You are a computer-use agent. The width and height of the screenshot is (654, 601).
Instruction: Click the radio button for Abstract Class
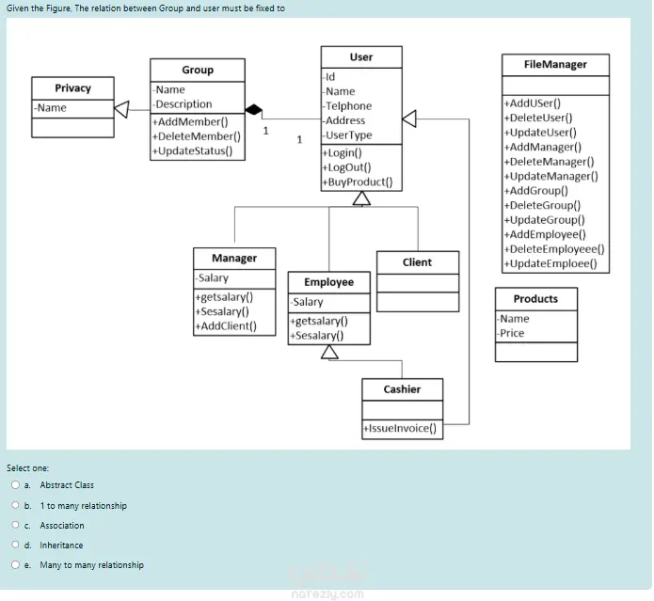[x=15, y=484]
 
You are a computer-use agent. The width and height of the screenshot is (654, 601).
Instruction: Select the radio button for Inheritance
[x=15, y=545]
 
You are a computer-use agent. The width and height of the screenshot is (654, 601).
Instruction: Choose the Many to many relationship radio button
[x=15, y=564]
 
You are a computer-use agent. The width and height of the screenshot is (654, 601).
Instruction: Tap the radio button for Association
[x=15, y=525]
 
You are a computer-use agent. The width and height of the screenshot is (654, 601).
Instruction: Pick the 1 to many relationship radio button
[x=15, y=505]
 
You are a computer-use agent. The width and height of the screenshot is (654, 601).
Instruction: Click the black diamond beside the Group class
[x=253, y=110]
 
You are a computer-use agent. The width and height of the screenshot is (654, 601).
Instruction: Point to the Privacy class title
[x=73, y=88]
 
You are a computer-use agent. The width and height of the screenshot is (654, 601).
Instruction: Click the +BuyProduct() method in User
[x=358, y=182]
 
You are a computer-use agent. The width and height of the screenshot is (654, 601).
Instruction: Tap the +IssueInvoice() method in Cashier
[x=400, y=428]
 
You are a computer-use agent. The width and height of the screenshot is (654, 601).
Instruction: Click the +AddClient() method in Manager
[x=226, y=326]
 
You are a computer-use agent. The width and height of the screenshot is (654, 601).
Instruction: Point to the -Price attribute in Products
[x=511, y=333]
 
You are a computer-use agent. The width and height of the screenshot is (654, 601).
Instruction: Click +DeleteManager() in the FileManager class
[x=549, y=162]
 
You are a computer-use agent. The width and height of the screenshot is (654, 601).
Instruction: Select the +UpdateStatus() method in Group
[x=192, y=150]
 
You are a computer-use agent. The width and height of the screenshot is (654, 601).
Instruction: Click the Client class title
[x=417, y=262]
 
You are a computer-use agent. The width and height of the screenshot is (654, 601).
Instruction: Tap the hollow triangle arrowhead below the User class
[x=361, y=198]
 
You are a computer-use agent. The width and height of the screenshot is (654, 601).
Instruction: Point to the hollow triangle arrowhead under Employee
[x=329, y=352]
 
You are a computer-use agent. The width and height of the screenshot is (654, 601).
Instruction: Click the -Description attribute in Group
[x=183, y=104]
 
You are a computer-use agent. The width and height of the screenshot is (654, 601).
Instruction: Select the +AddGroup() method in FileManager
[x=536, y=191]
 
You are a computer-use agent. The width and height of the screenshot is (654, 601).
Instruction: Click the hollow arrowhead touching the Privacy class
[x=121, y=109]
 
